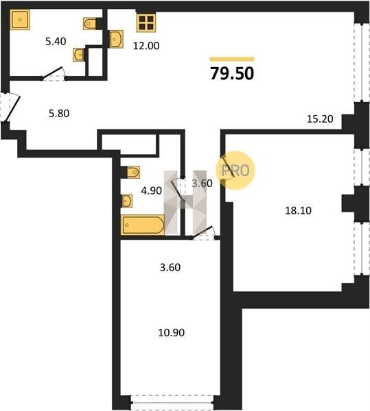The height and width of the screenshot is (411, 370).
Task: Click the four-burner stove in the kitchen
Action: (x=146, y=23)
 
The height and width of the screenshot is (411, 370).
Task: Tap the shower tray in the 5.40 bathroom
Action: (x=20, y=19)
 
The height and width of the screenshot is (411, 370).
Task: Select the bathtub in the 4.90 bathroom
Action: (x=143, y=225)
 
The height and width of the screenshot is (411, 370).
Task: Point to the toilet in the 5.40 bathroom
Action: (x=89, y=23)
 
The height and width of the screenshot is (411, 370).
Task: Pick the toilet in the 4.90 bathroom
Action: (x=133, y=172)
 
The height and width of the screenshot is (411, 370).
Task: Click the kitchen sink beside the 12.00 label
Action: (x=116, y=39)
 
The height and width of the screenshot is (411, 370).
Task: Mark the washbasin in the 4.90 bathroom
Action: (x=127, y=201)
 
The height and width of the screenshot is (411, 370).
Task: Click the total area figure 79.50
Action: (x=232, y=73)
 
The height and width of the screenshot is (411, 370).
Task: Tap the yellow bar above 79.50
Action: (x=232, y=59)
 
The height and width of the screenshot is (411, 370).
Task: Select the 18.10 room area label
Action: (x=299, y=210)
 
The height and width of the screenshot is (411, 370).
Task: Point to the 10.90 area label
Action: (x=171, y=333)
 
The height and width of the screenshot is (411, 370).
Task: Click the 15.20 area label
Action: (x=320, y=119)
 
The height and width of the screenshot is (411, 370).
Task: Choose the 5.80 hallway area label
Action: (x=59, y=114)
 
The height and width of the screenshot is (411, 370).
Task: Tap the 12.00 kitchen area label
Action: (x=146, y=46)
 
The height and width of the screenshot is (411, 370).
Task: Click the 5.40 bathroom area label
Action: (x=56, y=41)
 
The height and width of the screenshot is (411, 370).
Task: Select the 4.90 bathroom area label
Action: (x=152, y=191)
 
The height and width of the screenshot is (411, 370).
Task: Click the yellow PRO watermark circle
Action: (x=235, y=171)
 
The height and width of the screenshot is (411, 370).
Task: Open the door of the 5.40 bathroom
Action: (x=54, y=74)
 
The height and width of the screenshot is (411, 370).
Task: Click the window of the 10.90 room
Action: (x=172, y=402)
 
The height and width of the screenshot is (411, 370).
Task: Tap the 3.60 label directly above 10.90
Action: (x=170, y=268)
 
